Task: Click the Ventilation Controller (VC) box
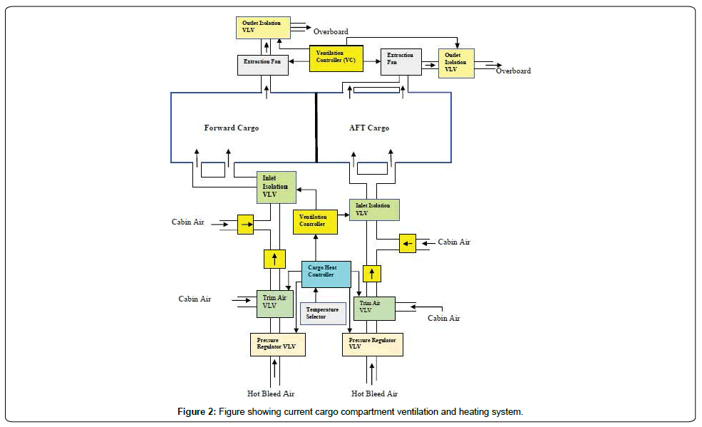click(335, 59)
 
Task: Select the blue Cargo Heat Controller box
click(326, 274)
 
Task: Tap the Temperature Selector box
click(323, 313)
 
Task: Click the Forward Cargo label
click(232, 128)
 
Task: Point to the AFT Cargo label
click(369, 128)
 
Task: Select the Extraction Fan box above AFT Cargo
click(401, 62)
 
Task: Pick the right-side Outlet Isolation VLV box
click(456, 63)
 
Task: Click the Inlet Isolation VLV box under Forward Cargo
click(277, 187)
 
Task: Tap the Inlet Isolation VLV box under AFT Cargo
click(373, 210)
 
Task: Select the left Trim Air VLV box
click(274, 303)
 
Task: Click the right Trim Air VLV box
click(373, 308)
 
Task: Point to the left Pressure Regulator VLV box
click(277, 344)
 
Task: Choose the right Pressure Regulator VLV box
click(372, 344)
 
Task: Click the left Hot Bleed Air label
click(270, 393)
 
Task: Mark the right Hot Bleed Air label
click(374, 393)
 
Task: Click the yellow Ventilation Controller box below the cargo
click(315, 221)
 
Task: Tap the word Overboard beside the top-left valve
click(331, 32)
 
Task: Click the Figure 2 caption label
click(351, 412)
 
